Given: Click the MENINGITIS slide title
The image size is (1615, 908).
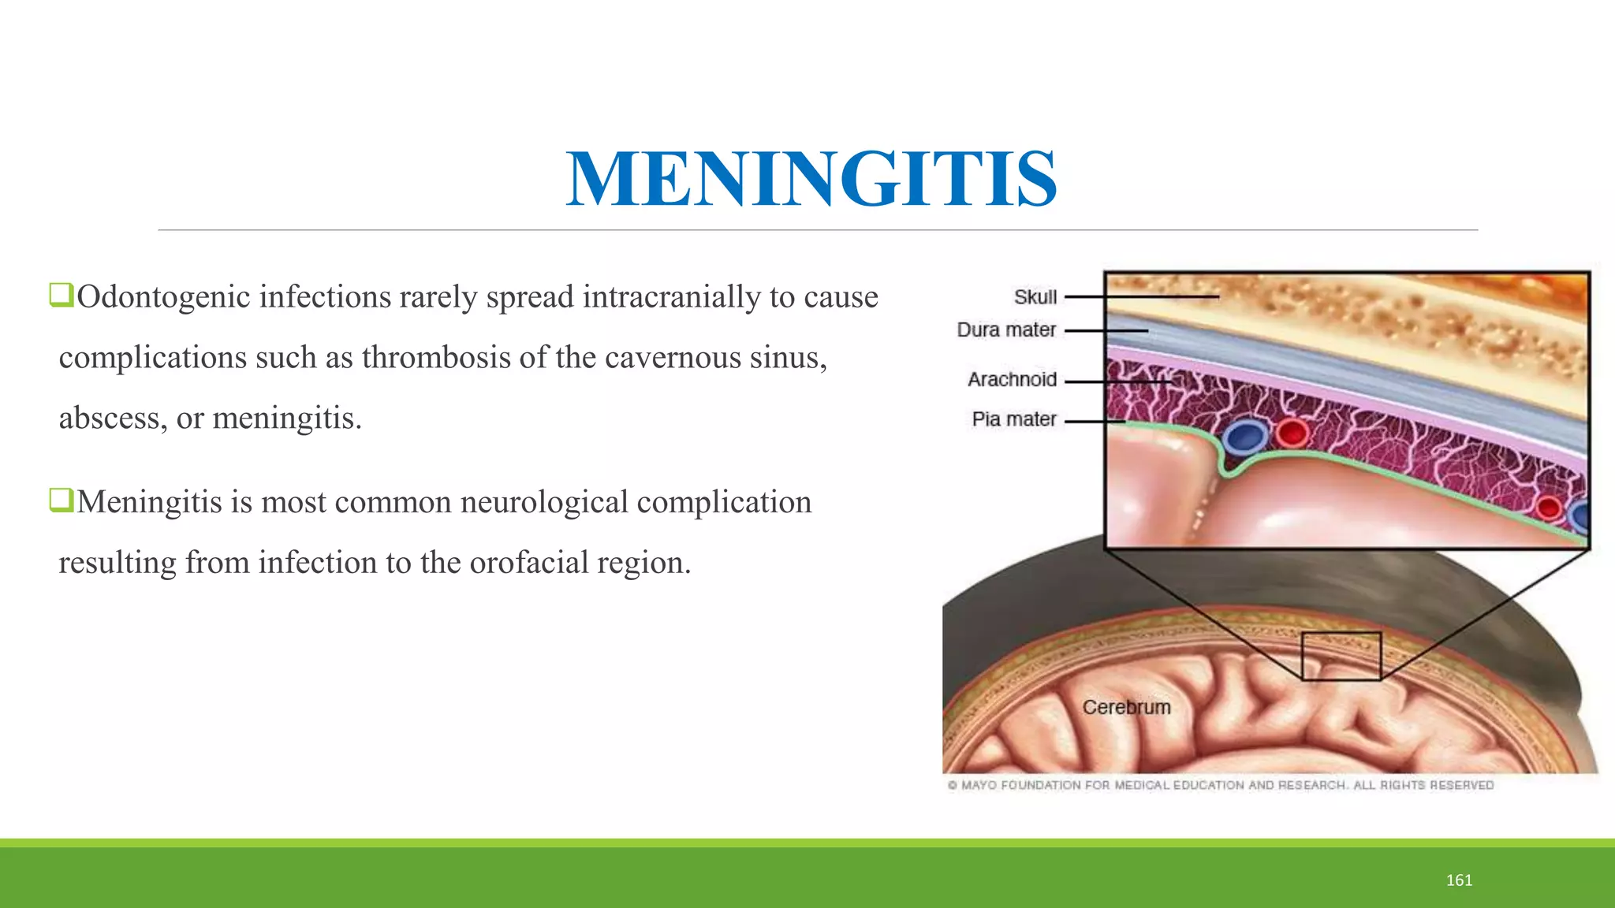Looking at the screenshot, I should pos(811,180).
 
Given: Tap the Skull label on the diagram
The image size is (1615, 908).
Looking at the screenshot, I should pos(1035,298).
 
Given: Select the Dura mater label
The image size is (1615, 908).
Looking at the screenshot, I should pos(1006,330).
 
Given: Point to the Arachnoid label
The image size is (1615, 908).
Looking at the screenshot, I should pos(1012,380).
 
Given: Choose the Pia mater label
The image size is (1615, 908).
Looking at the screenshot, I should pos(1014,419).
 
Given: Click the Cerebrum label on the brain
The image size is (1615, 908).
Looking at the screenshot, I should pos(1126,708).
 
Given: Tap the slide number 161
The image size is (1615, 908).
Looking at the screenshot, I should pos(1459,880).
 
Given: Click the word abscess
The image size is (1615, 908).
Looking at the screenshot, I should pos(109,418).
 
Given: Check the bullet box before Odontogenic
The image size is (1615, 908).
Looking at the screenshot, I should pos(61,296).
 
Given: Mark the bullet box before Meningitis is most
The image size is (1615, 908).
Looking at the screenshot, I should pos(61,500).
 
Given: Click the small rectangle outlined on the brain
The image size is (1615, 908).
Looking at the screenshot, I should pos(1341,656).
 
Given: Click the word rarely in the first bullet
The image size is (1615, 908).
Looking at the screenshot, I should pos(438,297).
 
